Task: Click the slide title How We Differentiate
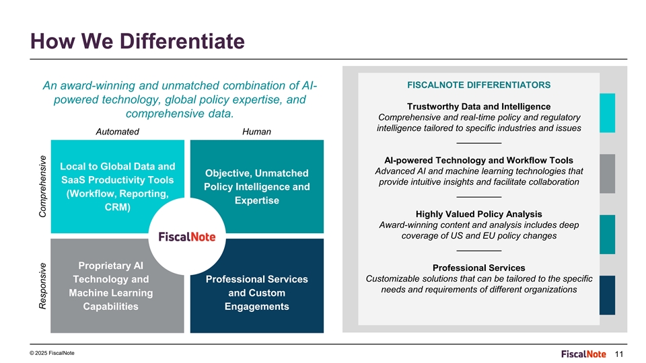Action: [137, 42]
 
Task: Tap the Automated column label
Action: [117, 132]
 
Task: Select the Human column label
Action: [256, 132]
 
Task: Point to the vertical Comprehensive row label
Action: [42, 186]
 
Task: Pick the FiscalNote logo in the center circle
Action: [186, 237]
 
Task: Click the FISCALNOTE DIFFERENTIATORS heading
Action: [478, 85]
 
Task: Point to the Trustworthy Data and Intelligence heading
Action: [478, 107]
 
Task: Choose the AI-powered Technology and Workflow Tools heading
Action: [478, 160]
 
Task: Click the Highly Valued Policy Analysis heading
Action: [478, 214]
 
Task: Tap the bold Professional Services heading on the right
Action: [478, 268]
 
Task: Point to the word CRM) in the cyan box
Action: [117, 207]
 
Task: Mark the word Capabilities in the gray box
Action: [111, 307]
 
